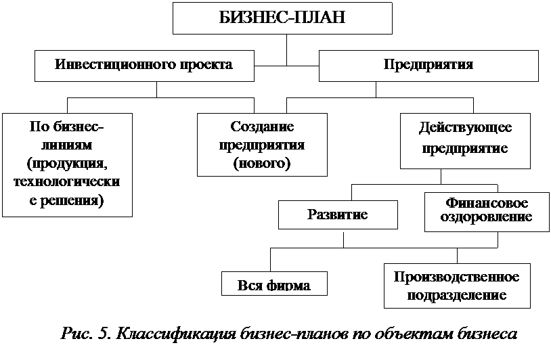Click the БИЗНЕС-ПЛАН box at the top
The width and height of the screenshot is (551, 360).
click(x=282, y=18)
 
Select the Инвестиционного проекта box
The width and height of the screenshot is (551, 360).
click(x=144, y=66)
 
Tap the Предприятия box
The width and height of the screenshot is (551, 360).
click(x=428, y=66)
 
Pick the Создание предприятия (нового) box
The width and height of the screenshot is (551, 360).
click(x=262, y=145)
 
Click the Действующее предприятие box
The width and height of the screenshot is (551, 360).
click(x=465, y=141)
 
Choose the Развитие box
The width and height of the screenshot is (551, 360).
click(x=338, y=215)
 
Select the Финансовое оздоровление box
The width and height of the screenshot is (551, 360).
click(x=487, y=212)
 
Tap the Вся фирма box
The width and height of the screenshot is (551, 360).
click(x=274, y=284)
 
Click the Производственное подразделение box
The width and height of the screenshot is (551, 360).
click(x=457, y=286)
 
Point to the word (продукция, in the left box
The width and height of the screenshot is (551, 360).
click(x=67, y=164)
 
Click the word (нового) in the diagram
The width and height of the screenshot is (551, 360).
click(x=262, y=163)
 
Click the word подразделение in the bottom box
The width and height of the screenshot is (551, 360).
click(x=457, y=295)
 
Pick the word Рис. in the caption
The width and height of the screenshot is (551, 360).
click(x=77, y=334)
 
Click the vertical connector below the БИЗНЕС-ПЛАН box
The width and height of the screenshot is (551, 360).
click(x=287, y=50)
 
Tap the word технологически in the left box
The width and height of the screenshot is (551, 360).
click(x=67, y=182)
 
